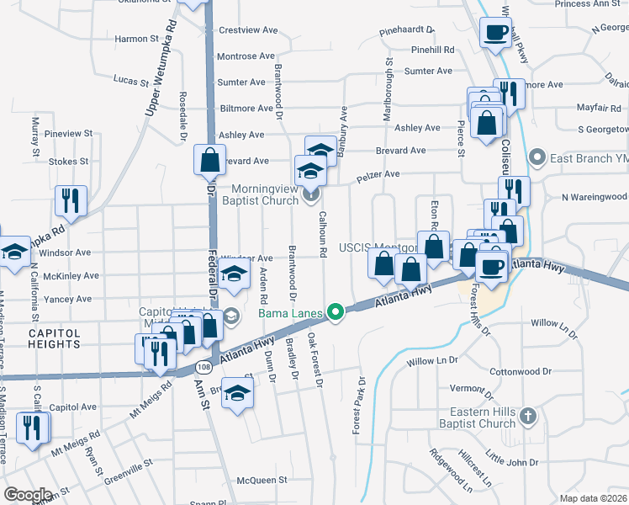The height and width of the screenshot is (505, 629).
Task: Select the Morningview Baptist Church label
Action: (x=259, y=194)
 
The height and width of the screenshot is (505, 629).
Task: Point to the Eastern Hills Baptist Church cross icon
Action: (x=527, y=416)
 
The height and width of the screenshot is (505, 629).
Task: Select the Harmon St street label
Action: (x=137, y=39)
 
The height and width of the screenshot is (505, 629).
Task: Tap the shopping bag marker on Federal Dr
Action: (x=209, y=160)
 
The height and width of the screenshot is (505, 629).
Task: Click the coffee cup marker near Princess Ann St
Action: (x=494, y=34)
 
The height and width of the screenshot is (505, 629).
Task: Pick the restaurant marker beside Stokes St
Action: (x=70, y=200)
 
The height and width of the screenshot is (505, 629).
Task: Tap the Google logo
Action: (x=27, y=495)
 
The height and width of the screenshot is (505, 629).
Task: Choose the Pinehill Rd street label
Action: (x=433, y=50)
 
